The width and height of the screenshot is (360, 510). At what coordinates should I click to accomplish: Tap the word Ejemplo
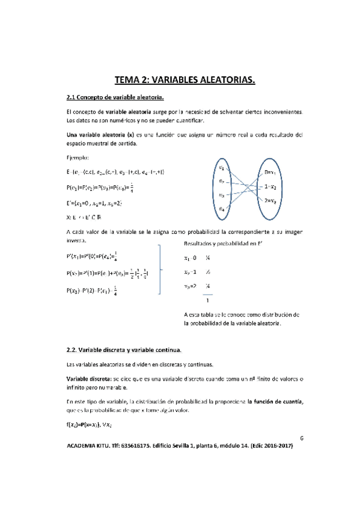tap(78, 158)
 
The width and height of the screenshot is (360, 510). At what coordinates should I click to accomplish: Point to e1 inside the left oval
tap(222, 167)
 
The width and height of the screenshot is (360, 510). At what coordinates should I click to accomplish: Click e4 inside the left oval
tap(222, 209)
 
